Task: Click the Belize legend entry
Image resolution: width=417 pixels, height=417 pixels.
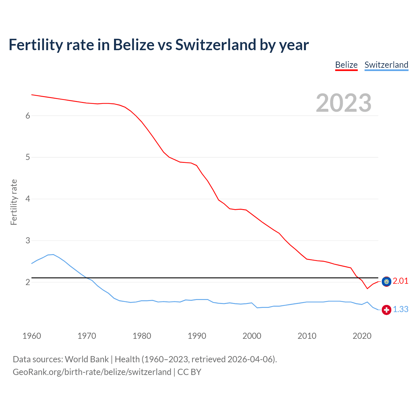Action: pyautogui.click(x=346, y=65)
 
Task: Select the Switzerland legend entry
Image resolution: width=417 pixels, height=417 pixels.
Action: pyautogui.click(x=386, y=65)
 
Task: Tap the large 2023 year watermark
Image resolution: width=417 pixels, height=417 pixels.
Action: pyautogui.click(x=343, y=103)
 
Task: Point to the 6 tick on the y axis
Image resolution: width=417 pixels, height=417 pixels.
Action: pyautogui.click(x=28, y=116)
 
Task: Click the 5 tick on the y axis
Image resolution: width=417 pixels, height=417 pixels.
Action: pyautogui.click(x=28, y=157)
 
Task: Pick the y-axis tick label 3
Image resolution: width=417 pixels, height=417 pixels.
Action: pyautogui.click(x=28, y=240)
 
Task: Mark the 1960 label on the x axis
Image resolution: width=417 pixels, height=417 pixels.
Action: pyautogui.click(x=32, y=336)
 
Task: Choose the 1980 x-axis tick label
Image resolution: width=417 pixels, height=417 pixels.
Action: pyautogui.click(x=142, y=336)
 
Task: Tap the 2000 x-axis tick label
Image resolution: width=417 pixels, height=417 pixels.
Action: pyautogui.click(x=252, y=336)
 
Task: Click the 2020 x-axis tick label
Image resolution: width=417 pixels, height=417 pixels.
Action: pyautogui.click(x=362, y=336)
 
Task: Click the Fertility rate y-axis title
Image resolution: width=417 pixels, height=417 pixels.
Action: pyautogui.click(x=14, y=202)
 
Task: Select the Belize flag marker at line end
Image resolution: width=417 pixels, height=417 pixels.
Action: pyautogui.click(x=386, y=281)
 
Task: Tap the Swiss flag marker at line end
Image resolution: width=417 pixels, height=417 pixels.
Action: pyautogui.click(x=386, y=309)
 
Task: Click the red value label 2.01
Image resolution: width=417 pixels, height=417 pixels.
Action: pyautogui.click(x=400, y=281)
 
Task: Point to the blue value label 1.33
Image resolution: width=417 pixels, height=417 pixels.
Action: pyautogui.click(x=400, y=309)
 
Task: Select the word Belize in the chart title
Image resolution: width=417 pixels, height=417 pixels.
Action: pyautogui.click(x=134, y=45)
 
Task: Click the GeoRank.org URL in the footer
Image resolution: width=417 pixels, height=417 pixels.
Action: pyautogui.click(x=92, y=372)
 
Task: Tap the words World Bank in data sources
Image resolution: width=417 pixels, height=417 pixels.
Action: pyautogui.click(x=87, y=359)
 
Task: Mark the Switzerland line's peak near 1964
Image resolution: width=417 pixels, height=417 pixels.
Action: pyautogui.click(x=53, y=254)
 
